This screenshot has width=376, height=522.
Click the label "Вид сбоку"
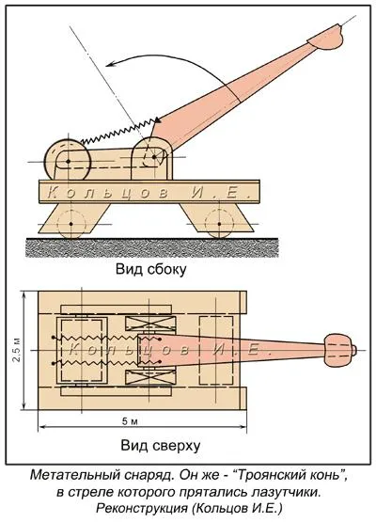(x=150, y=269)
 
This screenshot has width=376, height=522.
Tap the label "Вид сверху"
(x=161, y=445)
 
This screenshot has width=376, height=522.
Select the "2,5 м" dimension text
(x=16, y=350)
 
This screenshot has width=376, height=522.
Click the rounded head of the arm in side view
(x=325, y=38)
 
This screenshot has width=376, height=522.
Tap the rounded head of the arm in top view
(x=338, y=350)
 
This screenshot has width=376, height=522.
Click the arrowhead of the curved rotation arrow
(x=111, y=64)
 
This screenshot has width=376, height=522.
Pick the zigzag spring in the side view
(x=118, y=132)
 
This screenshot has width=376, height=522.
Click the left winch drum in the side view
(x=68, y=161)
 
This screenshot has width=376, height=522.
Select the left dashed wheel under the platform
(x=70, y=224)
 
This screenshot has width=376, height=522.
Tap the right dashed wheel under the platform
(x=219, y=224)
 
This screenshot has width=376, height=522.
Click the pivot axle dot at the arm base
(x=154, y=156)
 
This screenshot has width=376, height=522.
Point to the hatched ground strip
(x=152, y=248)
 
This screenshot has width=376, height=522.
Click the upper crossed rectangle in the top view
(x=150, y=324)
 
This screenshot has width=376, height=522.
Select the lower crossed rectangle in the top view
(x=150, y=377)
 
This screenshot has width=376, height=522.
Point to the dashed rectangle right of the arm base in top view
(x=215, y=350)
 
